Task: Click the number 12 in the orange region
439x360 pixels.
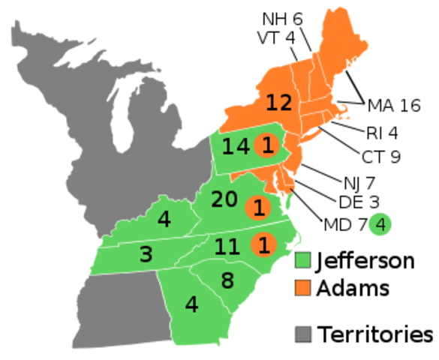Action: click(x=278, y=103)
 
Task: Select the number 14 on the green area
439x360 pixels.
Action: click(x=235, y=146)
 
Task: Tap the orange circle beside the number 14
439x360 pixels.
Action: click(x=266, y=145)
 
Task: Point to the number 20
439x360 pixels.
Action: click(x=224, y=199)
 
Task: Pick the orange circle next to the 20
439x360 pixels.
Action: click(x=258, y=207)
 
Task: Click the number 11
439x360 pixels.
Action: click(x=227, y=246)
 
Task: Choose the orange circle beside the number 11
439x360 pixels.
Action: click(x=263, y=244)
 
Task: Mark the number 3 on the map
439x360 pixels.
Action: click(x=146, y=255)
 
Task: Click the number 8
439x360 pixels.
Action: click(x=227, y=281)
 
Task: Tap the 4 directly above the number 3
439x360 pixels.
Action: click(x=164, y=220)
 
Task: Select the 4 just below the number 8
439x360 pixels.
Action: click(x=191, y=305)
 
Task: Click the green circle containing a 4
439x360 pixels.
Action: click(x=380, y=223)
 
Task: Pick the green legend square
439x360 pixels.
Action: click(x=302, y=260)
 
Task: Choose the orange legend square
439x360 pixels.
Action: click(x=302, y=287)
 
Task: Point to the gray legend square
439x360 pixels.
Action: click(x=302, y=334)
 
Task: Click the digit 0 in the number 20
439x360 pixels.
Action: click(x=231, y=199)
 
